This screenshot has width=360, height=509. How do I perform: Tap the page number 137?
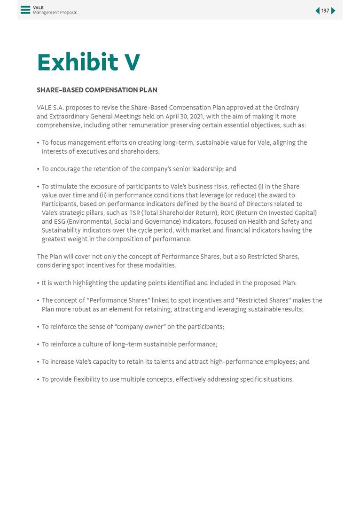coord(325,11)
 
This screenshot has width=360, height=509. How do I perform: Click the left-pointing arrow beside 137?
coord(318,11)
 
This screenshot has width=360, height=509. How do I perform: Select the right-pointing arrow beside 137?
coord(333,11)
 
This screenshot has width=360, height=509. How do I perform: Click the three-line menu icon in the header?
coord(25,10)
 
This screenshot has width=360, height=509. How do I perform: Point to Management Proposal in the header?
coord(55,13)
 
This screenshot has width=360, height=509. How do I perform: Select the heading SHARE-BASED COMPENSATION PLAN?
coord(97,90)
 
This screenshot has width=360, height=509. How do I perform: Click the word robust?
coord(82,309)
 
